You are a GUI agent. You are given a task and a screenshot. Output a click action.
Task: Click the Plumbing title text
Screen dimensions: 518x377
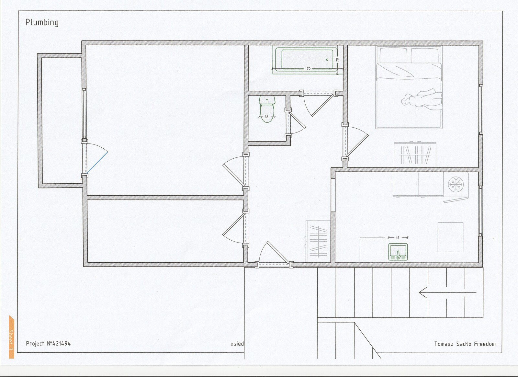point(42,22)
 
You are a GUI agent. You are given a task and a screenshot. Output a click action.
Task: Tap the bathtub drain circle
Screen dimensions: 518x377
point(327,60)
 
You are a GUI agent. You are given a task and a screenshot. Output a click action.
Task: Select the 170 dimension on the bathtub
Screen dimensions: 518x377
point(308,68)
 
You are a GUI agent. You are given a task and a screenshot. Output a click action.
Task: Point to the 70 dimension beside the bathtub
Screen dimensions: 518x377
point(337,60)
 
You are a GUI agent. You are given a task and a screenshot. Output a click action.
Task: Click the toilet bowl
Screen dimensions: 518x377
point(267,113)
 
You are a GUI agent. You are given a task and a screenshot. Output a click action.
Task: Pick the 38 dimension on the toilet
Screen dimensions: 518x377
point(266,117)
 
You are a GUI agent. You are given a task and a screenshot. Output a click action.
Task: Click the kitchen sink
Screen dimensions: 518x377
point(398,252)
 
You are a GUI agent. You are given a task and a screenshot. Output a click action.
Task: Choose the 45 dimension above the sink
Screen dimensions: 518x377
point(398,237)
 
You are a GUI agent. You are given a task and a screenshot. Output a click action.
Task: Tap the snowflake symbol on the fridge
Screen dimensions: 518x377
point(456,184)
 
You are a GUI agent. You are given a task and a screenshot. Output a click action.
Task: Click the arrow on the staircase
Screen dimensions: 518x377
point(447,292)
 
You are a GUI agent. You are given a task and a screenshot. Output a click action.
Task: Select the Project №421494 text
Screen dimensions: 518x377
point(48,343)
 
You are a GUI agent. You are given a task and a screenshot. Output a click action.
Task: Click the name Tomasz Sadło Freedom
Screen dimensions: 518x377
point(465,344)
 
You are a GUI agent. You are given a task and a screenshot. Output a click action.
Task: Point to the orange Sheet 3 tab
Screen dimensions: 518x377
point(11,337)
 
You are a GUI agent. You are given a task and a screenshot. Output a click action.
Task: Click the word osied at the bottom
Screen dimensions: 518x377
point(237,344)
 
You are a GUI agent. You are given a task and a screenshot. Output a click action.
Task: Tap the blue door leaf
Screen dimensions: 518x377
point(97,162)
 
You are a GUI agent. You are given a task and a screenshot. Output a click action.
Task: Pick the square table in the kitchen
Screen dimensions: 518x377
point(450,237)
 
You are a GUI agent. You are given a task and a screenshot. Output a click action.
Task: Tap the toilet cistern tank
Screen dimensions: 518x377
point(267,99)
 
